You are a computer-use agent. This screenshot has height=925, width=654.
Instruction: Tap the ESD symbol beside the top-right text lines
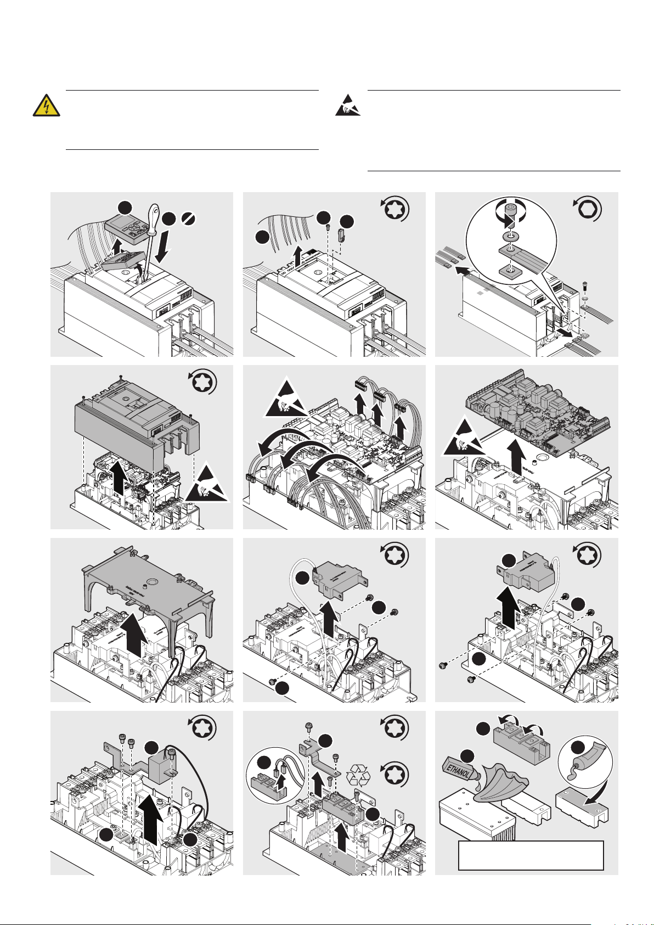[x=348, y=105]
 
